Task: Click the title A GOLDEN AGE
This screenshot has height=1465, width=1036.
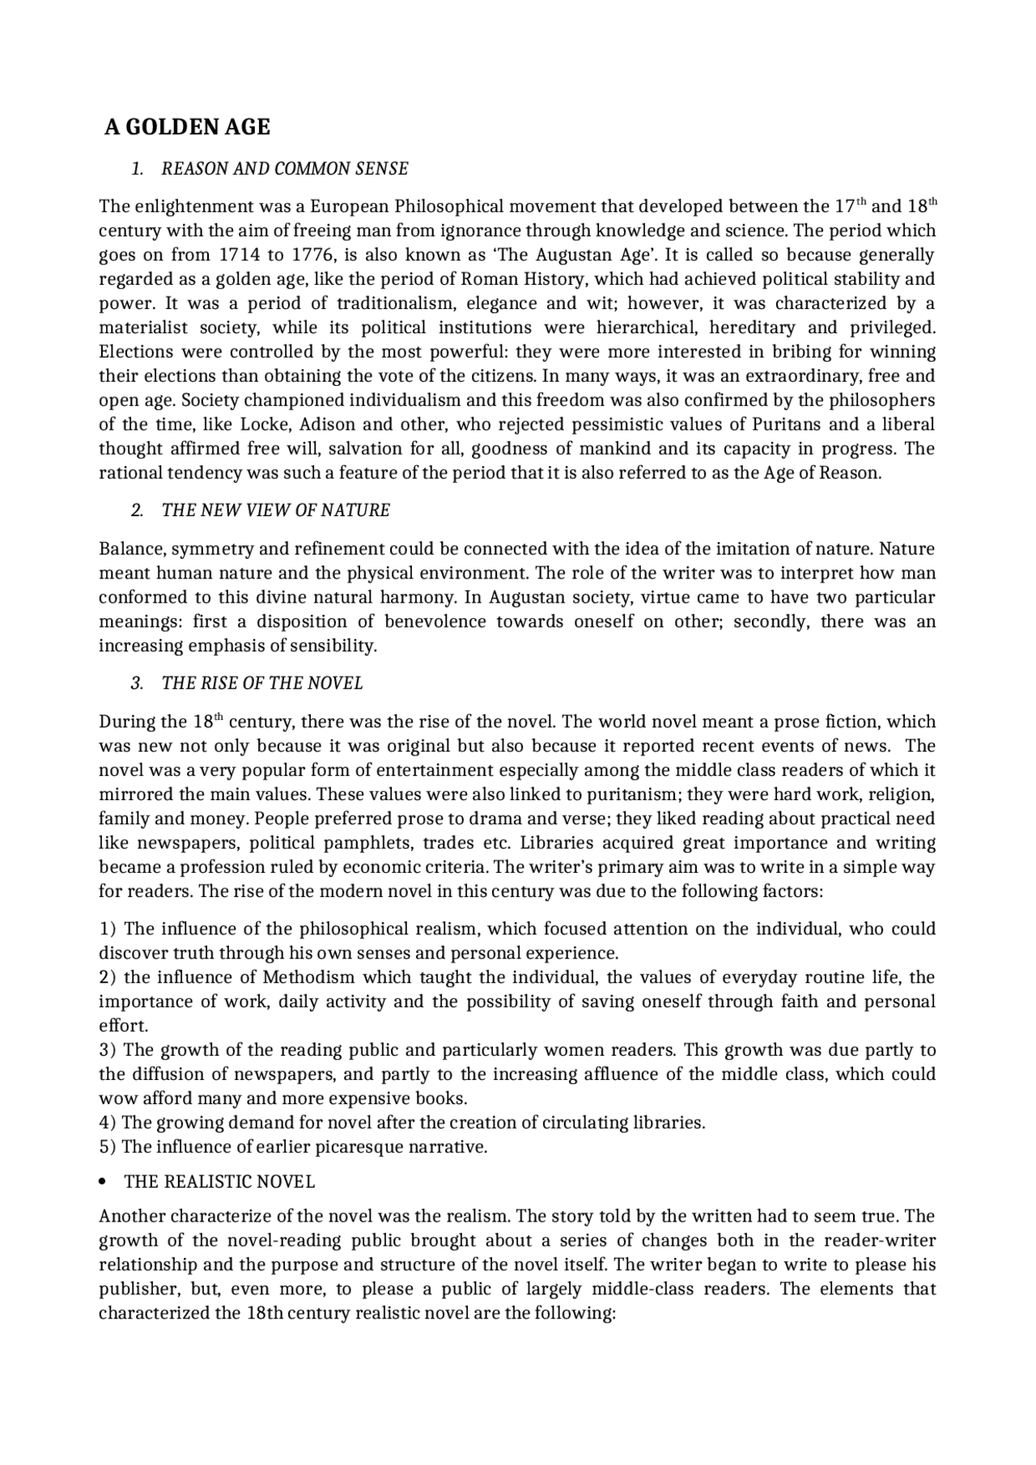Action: tap(187, 128)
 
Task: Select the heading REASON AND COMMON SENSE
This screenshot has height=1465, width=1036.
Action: tap(284, 169)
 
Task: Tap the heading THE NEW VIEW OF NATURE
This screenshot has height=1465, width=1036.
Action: tap(275, 510)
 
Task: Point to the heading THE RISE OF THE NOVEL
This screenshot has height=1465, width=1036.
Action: tap(261, 684)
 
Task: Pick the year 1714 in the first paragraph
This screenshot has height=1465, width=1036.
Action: tap(239, 255)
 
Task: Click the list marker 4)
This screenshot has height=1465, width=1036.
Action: tap(108, 1123)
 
